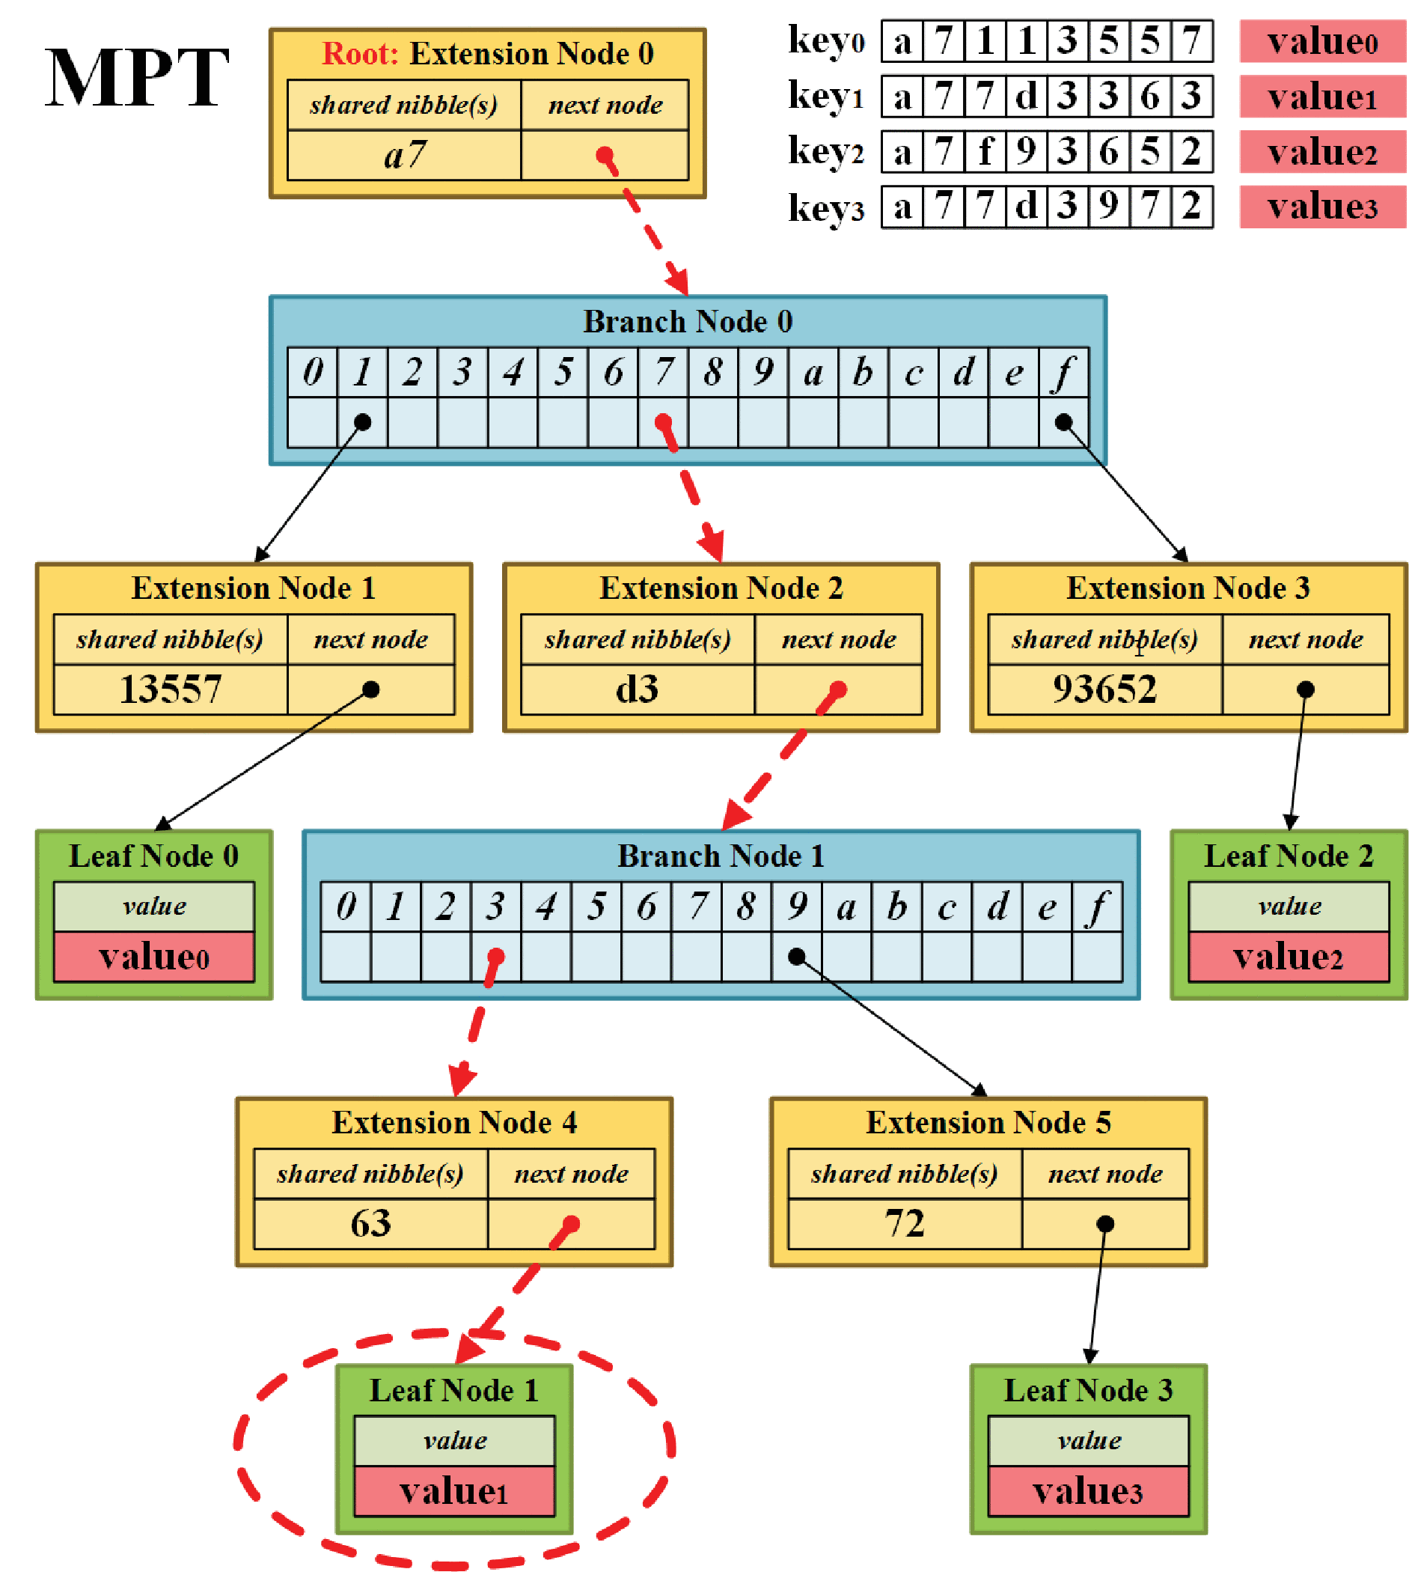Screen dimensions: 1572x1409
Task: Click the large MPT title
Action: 137,77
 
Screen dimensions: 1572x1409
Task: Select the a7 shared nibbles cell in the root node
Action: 404,155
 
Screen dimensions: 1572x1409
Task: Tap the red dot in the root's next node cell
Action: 605,156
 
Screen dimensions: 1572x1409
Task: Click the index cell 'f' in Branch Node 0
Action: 1064,373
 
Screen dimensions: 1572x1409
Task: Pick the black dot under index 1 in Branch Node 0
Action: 362,422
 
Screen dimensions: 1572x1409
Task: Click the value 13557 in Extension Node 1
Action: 171,689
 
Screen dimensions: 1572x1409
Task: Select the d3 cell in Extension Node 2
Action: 637,689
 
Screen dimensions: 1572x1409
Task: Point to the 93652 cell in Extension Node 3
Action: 1104,689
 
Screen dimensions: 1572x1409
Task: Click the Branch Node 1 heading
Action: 721,856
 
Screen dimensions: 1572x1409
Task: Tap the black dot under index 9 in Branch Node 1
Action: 796,957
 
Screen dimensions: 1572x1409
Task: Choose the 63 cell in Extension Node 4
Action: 371,1223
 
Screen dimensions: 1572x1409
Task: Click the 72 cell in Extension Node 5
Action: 904,1223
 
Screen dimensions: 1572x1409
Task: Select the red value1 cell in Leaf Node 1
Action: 454,1490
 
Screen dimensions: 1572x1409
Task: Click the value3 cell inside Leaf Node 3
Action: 1088,1490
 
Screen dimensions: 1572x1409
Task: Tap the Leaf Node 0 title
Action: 154,856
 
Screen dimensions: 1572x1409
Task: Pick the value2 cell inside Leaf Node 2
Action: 1289,957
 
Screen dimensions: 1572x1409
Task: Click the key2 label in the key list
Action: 825,151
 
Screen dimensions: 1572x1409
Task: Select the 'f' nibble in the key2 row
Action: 985,151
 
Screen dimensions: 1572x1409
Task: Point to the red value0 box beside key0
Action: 1322,41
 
